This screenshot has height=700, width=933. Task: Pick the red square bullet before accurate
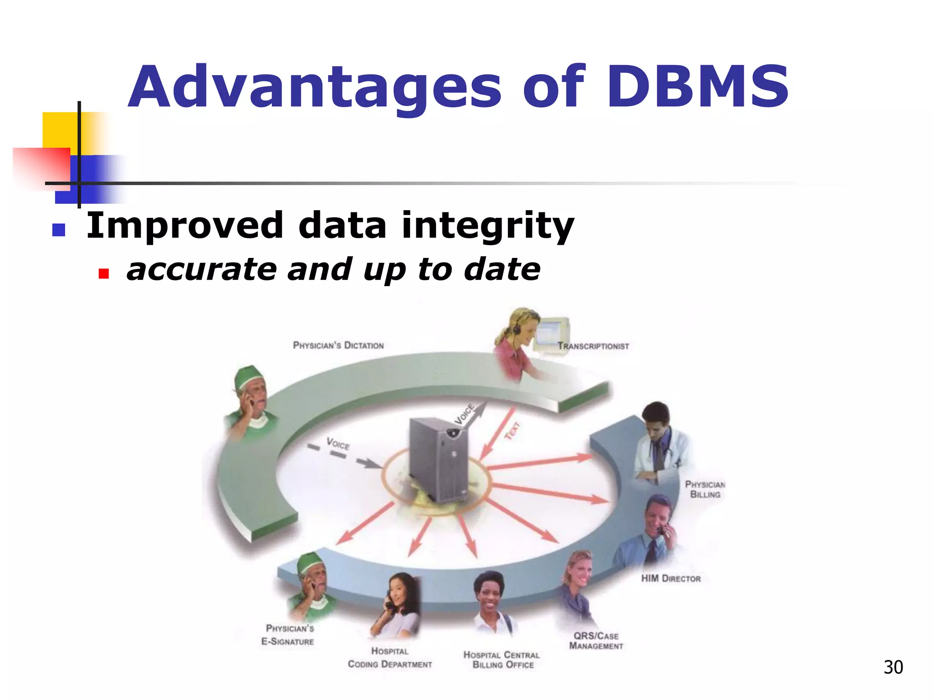click(x=104, y=273)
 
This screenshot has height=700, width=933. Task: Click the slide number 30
click(x=893, y=668)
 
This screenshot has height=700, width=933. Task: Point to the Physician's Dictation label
click(x=338, y=345)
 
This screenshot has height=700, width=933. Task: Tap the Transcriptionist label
click(x=593, y=346)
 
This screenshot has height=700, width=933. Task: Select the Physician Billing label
click(x=705, y=489)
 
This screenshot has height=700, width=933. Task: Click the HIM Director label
click(x=671, y=579)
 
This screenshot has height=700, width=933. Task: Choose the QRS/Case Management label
click(x=596, y=641)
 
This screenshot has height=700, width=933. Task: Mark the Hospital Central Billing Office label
click(x=502, y=660)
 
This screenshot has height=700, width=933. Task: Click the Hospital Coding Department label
click(x=390, y=658)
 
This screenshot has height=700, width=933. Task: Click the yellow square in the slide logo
click(x=59, y=130)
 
